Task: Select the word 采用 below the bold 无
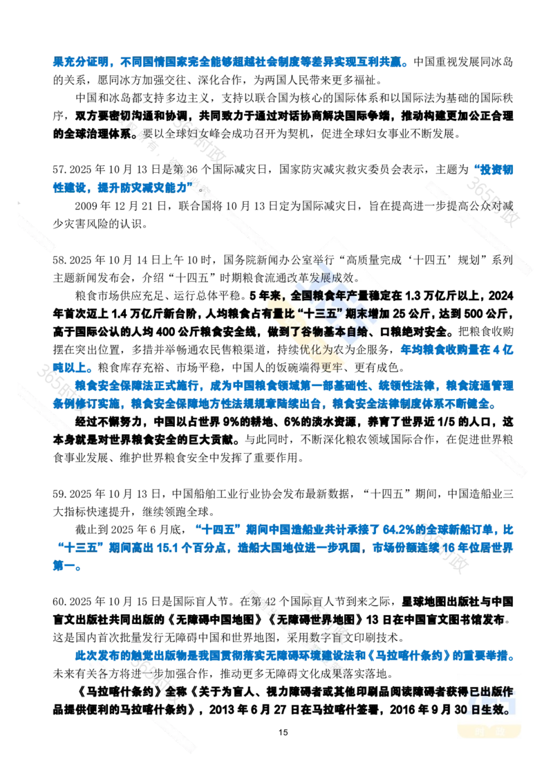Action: tap(299, 635)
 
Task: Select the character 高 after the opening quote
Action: tap(353, 260)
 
